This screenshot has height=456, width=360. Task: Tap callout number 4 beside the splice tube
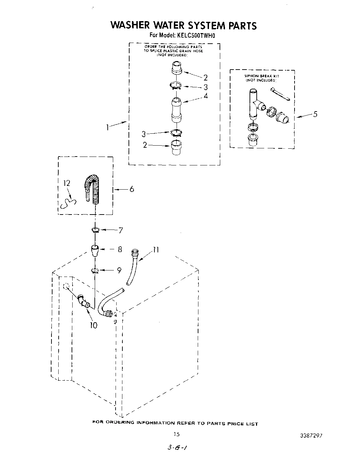pyautogui.click(x=206, y=96)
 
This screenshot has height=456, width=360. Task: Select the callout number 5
pyautogui.click(x=315, y=114)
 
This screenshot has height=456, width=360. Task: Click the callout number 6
pyautogui.click(x=131, y=189)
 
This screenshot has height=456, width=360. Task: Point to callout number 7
pyautogui.click(x=120, y=230)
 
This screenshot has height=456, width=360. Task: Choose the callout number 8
pyautogui.click(x=120, y=249)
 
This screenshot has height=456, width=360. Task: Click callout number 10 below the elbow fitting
pyautogui.click(x=93, y=325)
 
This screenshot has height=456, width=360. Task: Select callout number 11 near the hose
pyautogui.click(x=156, y=250)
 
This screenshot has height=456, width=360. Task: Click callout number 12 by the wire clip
pyautogui.click(x=67, y=183)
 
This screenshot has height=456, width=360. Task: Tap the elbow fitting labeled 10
pyautogui.click(x=83, y=300)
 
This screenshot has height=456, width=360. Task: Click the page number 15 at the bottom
pyautogui.click(x=176, y=434)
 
